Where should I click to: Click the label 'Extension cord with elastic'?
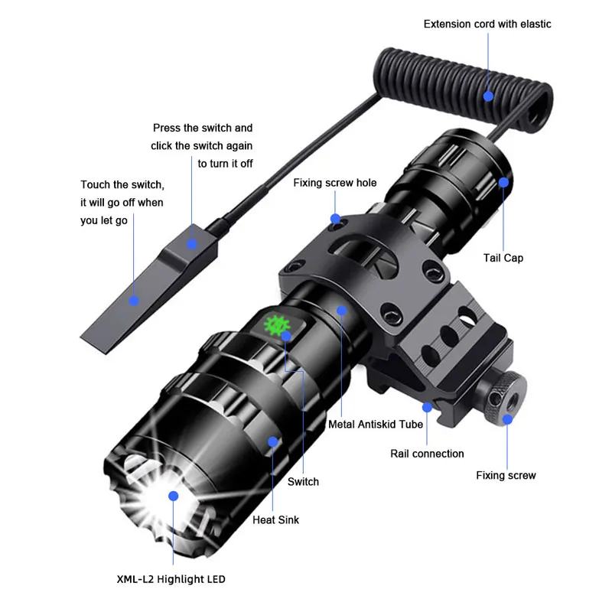coord(487,24)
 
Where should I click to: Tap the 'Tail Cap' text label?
coord(503,258)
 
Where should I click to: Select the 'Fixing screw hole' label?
coord(335,183)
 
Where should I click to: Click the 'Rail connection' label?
coord(427,454)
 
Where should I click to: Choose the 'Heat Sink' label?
coord(276,520)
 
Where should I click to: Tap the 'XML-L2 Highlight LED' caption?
coord(171,579)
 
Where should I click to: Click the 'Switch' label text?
coord(303,481)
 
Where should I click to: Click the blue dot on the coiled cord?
coord(489,96)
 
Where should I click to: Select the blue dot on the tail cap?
coord(503,182)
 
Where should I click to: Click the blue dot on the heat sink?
coord(272,441)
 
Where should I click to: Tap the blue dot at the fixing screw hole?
coord(335,220)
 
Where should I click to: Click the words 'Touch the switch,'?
coord(122,185)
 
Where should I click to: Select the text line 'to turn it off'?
coord(225,164)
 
